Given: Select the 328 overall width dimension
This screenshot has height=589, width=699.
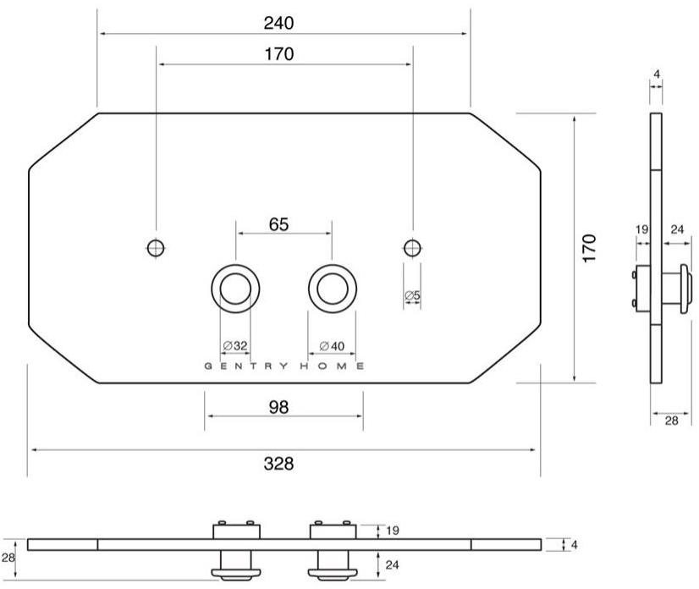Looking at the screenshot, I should click(279, 463).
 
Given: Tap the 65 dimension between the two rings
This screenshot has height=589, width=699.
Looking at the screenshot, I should click(279, 223).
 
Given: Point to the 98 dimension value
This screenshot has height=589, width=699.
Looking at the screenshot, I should click(279, 407).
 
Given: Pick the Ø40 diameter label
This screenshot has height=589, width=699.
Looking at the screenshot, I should click(332, 345).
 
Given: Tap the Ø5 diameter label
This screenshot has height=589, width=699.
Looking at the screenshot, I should click(412, 295).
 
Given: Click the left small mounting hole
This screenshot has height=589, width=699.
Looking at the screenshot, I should click(156, 248).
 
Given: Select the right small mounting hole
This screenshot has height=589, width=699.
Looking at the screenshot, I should click(412, 248).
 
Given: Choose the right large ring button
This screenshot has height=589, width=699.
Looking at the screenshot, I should click(332, 288).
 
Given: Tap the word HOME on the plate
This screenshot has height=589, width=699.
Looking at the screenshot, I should click(336, 366).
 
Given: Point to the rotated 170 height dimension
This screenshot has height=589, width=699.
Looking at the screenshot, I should click(590, 249).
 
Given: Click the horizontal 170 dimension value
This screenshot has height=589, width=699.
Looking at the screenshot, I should click(279, 55).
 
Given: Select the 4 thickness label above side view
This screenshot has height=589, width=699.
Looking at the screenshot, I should click(658, 74).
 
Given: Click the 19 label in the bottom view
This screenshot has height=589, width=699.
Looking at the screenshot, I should click(391, 531).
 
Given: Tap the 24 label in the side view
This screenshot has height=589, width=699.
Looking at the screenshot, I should click(677, 228).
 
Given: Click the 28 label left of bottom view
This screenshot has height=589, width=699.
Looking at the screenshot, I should click(8, 558).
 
